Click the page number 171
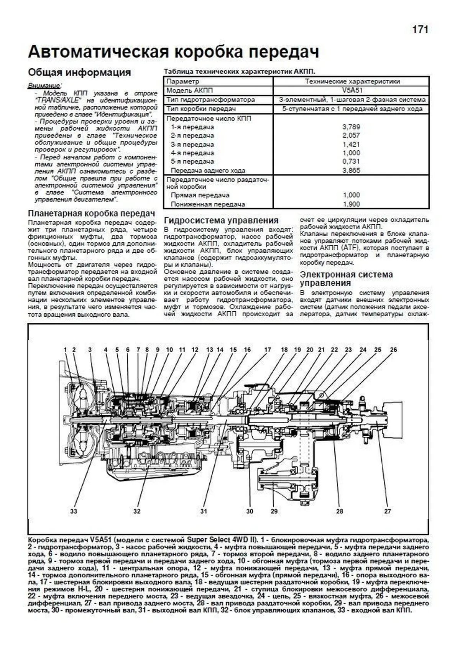click(420, 30)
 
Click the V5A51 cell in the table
click(351, 90)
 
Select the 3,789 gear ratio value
click(351, 127)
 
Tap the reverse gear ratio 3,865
click(351, 171)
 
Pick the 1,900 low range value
click(351, 204)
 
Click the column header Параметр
click(183, 81)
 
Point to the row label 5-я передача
click(192, 161)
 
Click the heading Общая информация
click(79, 72)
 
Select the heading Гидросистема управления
click(221, 220)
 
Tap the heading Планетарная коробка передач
click(92, 213)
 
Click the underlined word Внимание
click(44, 85)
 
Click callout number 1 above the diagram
click(65, 350)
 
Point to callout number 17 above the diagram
click(267, 350)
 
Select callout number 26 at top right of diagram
click(393, 350)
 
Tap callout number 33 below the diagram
click(73, 511)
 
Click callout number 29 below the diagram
click(274, 511)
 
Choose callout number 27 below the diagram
click(388, 511)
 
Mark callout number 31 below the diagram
click(204, 511)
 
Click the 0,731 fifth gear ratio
click(351, 161)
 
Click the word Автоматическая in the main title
click(99, 52)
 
